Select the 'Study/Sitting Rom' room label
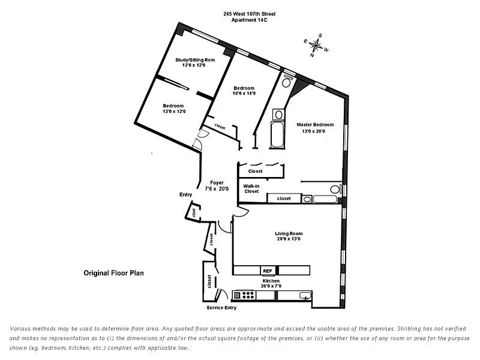click(x=195, y=60)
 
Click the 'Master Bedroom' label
click(x=314, y=125)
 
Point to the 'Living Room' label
click(x=288, y=233)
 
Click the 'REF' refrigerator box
click(x=268, y=271)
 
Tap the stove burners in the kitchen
click(x=245, y=295)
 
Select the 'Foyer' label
click(x=217, y=182)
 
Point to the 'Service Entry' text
click(x=221, y=308)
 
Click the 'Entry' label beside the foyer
click(x=185, y=194)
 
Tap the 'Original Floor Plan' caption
click(x=113, y=272)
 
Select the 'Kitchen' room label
click(x=271, y=281)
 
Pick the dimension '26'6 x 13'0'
click(x=288, y=239)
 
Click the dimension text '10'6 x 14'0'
click(x=244, y=93)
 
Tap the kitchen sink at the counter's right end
click(x=304, y=295)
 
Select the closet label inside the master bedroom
click(x=283, y=198)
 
